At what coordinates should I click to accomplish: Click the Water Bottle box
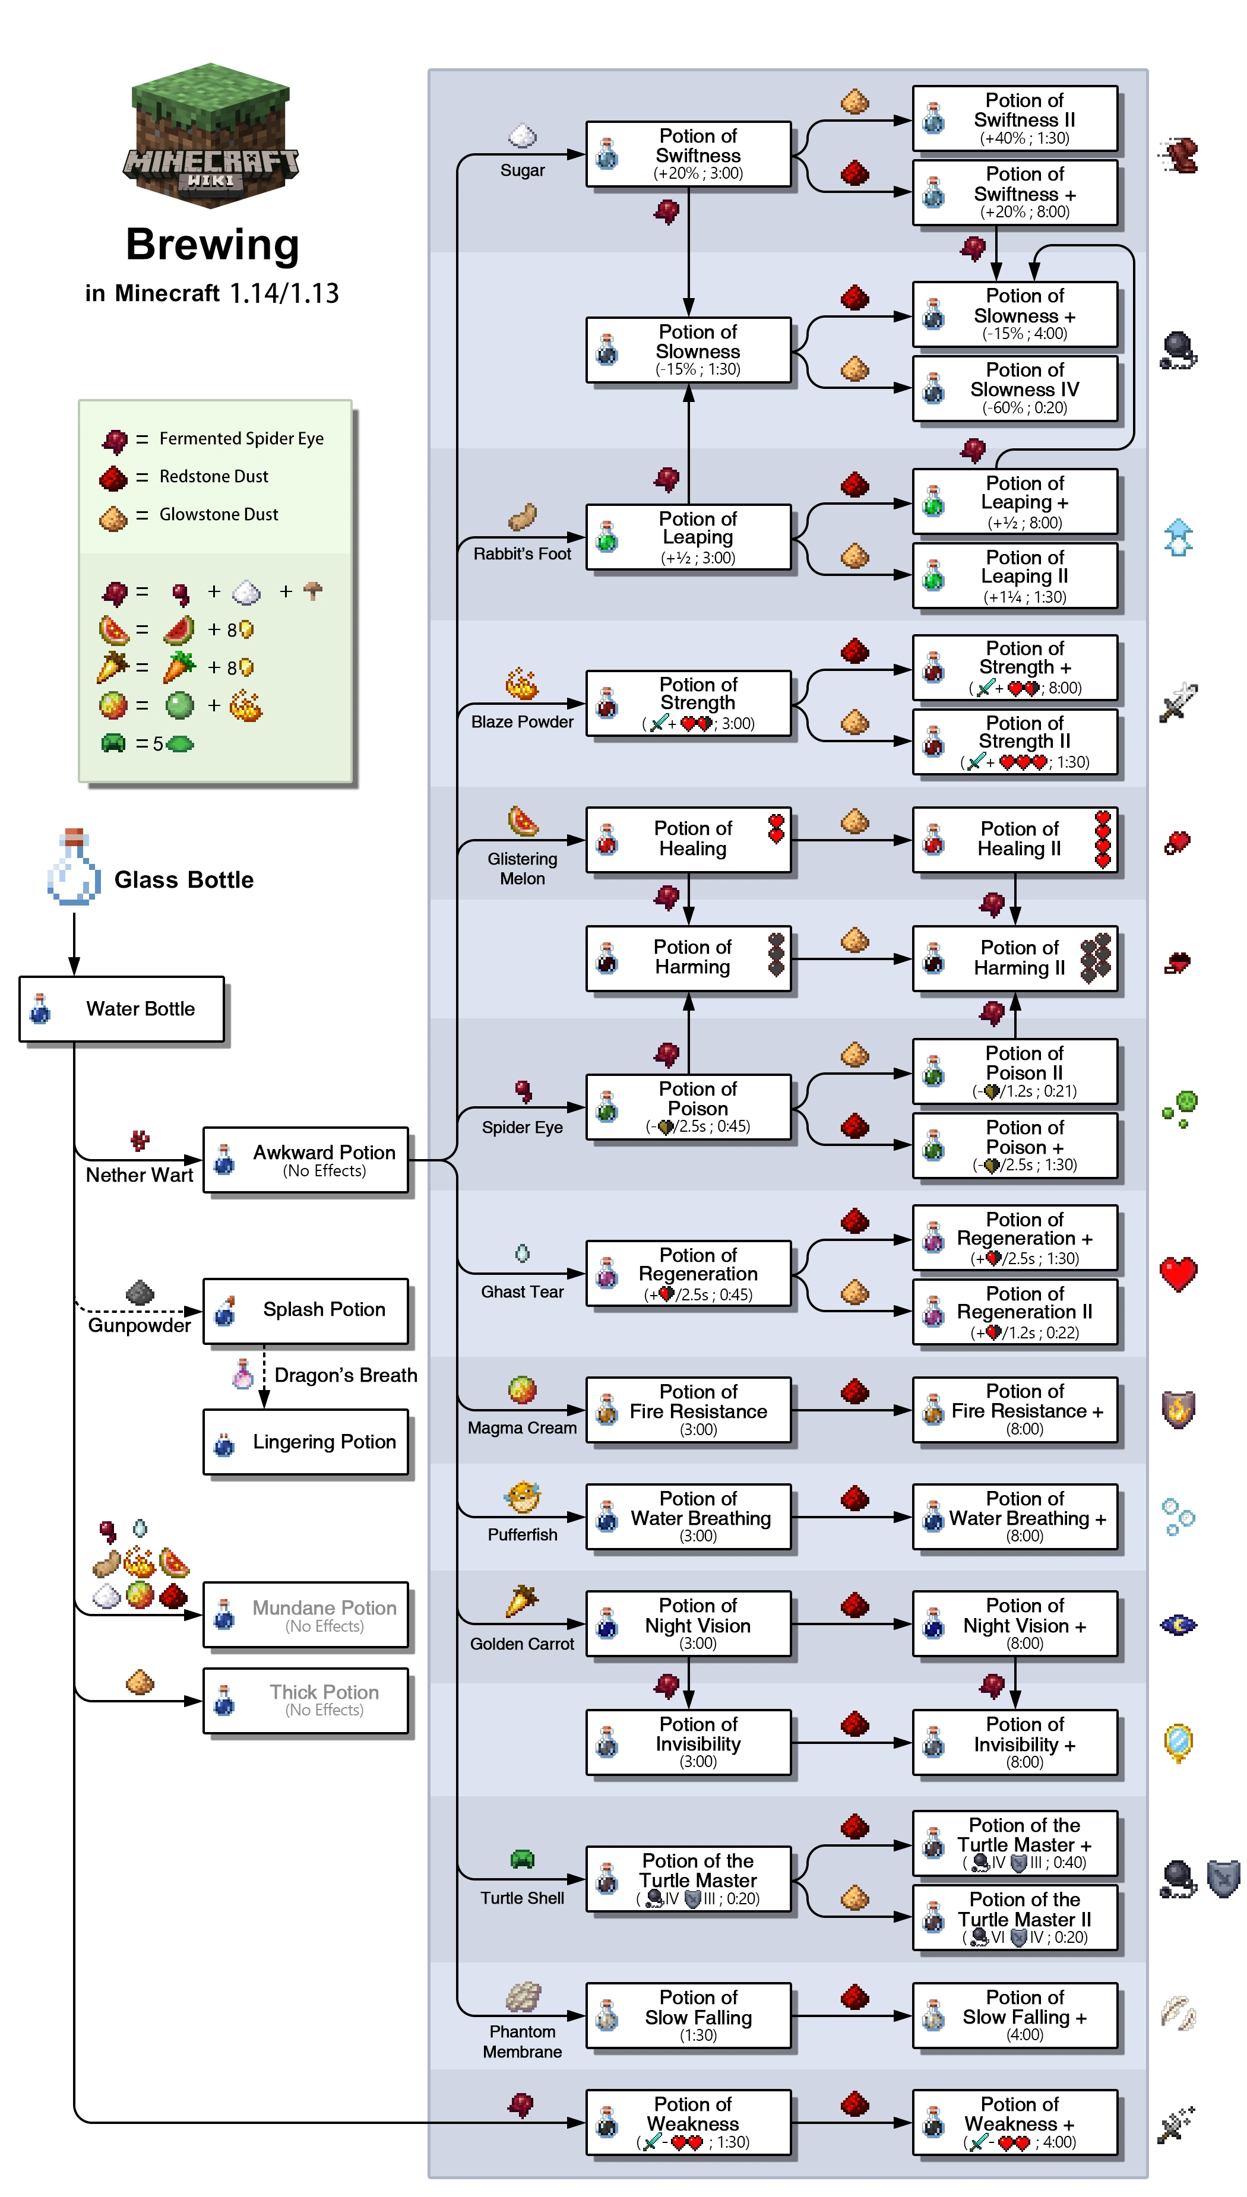(122, 1009)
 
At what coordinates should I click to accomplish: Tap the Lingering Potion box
(306, 1442)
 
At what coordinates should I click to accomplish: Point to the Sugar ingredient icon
(523, 136)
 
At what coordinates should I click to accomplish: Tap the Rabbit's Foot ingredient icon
(523, 518)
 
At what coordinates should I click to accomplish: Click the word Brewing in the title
(213, 245)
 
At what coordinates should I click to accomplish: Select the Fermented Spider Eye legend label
(242, 438)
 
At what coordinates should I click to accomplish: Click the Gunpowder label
(140, 1325)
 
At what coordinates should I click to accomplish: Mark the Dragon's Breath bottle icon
(243, 1373)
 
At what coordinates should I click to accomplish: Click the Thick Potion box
(306, 1699)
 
